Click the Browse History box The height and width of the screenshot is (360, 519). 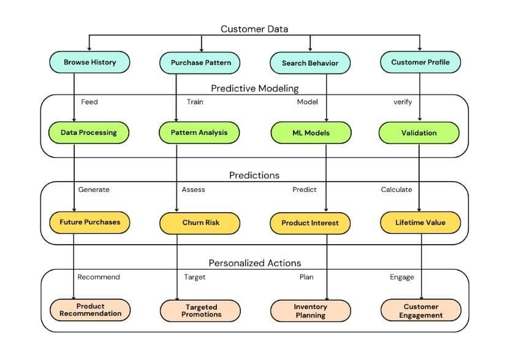pyautogui.click(x=90, y=62)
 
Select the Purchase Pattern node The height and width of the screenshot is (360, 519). pyautogui.click(x=200, y=63)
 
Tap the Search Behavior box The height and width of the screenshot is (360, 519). pyautogui.click(x=310, y=63)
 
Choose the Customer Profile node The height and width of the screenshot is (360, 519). pyautogui.click(x=420, y=62)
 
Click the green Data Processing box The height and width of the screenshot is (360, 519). pyautogui.click(x=89, y=132)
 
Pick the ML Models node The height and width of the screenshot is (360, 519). pyautogui.click(x=311, y=132)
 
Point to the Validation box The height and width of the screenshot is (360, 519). pyautogui.click(x=419, y=132)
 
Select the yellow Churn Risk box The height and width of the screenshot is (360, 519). pyautogui.click(x=199, y=223)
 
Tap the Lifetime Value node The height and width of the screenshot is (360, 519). pyautogui.click(x=420, y=222)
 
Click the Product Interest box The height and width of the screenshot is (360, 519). pyautogui.click(x=310, y=223)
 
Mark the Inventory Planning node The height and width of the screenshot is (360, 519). pyautogui.click(x=311, y=310)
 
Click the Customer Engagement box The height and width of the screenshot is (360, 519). pyautogui.click(x=421, y=310)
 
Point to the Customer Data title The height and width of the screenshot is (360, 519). pyautogui.click(x=254, y=29)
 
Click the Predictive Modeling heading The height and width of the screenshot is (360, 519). pyautogui.click(x=254, y=88)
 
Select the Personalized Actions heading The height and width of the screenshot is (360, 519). pyautogui.click(x=254, y=263)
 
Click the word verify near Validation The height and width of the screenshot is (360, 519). pyautogui.click(x=403, y=102)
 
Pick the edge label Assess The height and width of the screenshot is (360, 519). pyautogui.click(x=193, y=190)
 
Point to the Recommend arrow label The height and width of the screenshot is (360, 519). pyautogui.click(x=99, y=277)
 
